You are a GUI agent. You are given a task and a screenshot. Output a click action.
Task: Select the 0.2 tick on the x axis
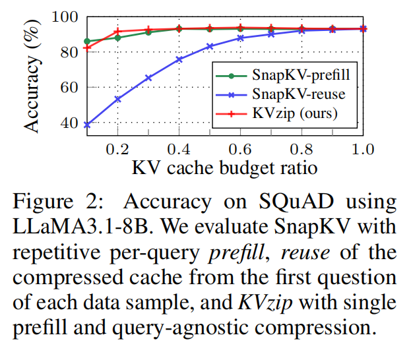pos(117,148)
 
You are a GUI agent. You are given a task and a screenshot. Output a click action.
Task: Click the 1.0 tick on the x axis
pos(362,148)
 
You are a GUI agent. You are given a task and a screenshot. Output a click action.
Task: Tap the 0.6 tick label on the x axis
pos(240,148)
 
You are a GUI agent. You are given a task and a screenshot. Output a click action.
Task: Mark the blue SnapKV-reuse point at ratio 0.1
pos(87,124)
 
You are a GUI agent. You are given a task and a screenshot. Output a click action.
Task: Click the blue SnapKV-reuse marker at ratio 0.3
pos(148,77)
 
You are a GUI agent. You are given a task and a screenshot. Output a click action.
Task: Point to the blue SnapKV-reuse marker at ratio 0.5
pos(210,46)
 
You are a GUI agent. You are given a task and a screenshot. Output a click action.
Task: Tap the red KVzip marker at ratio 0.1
pos(87,47)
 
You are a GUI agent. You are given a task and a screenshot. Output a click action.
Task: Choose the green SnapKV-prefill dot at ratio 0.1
pos(87,41)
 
